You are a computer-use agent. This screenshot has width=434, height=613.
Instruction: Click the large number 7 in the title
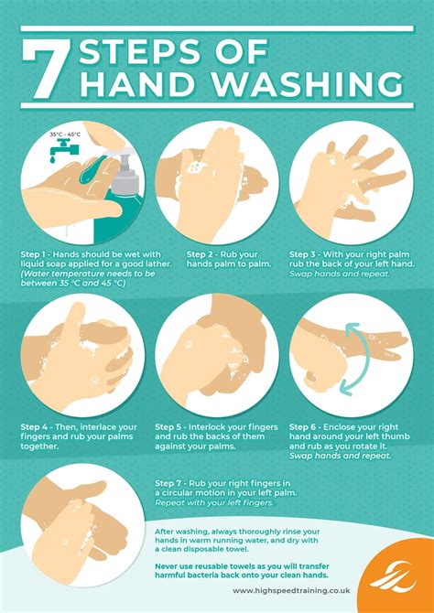tap(48, 70)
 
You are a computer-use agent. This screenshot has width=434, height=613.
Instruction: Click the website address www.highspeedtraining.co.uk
tap(291, 591)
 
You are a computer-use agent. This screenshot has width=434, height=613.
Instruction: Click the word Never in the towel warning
tap(166, 566)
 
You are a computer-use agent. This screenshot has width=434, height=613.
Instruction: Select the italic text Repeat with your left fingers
tap(213, 503)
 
